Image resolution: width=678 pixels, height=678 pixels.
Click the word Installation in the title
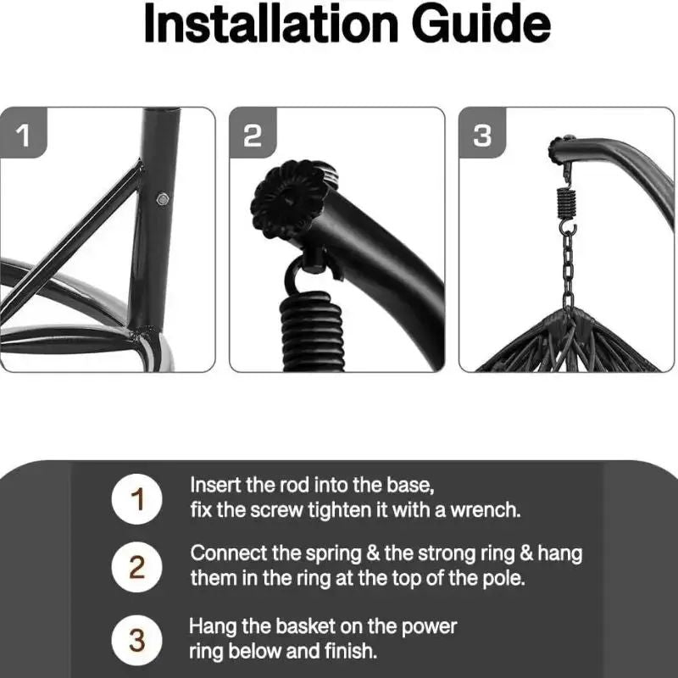tap(270, 24)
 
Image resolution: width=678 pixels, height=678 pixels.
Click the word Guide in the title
tap(481, 24)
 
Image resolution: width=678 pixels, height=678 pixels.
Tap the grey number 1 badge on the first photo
tap(23, 132)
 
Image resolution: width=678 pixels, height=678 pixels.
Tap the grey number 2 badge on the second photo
tap(253, 132)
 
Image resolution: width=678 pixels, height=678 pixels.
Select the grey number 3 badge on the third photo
tap(482, 132)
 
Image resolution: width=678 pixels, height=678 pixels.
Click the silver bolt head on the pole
tap(163, 199)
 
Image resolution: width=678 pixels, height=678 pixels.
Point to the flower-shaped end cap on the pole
tap(289, 199)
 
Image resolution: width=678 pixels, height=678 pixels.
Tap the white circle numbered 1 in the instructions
tap(137, 499)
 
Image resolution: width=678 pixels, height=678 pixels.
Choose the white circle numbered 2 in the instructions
tap(137, 567)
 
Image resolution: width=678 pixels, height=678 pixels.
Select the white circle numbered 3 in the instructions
tap(137, 640)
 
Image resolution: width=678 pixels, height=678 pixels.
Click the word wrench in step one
tap(485, 510)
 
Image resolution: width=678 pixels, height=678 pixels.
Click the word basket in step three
tap(305, 626)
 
